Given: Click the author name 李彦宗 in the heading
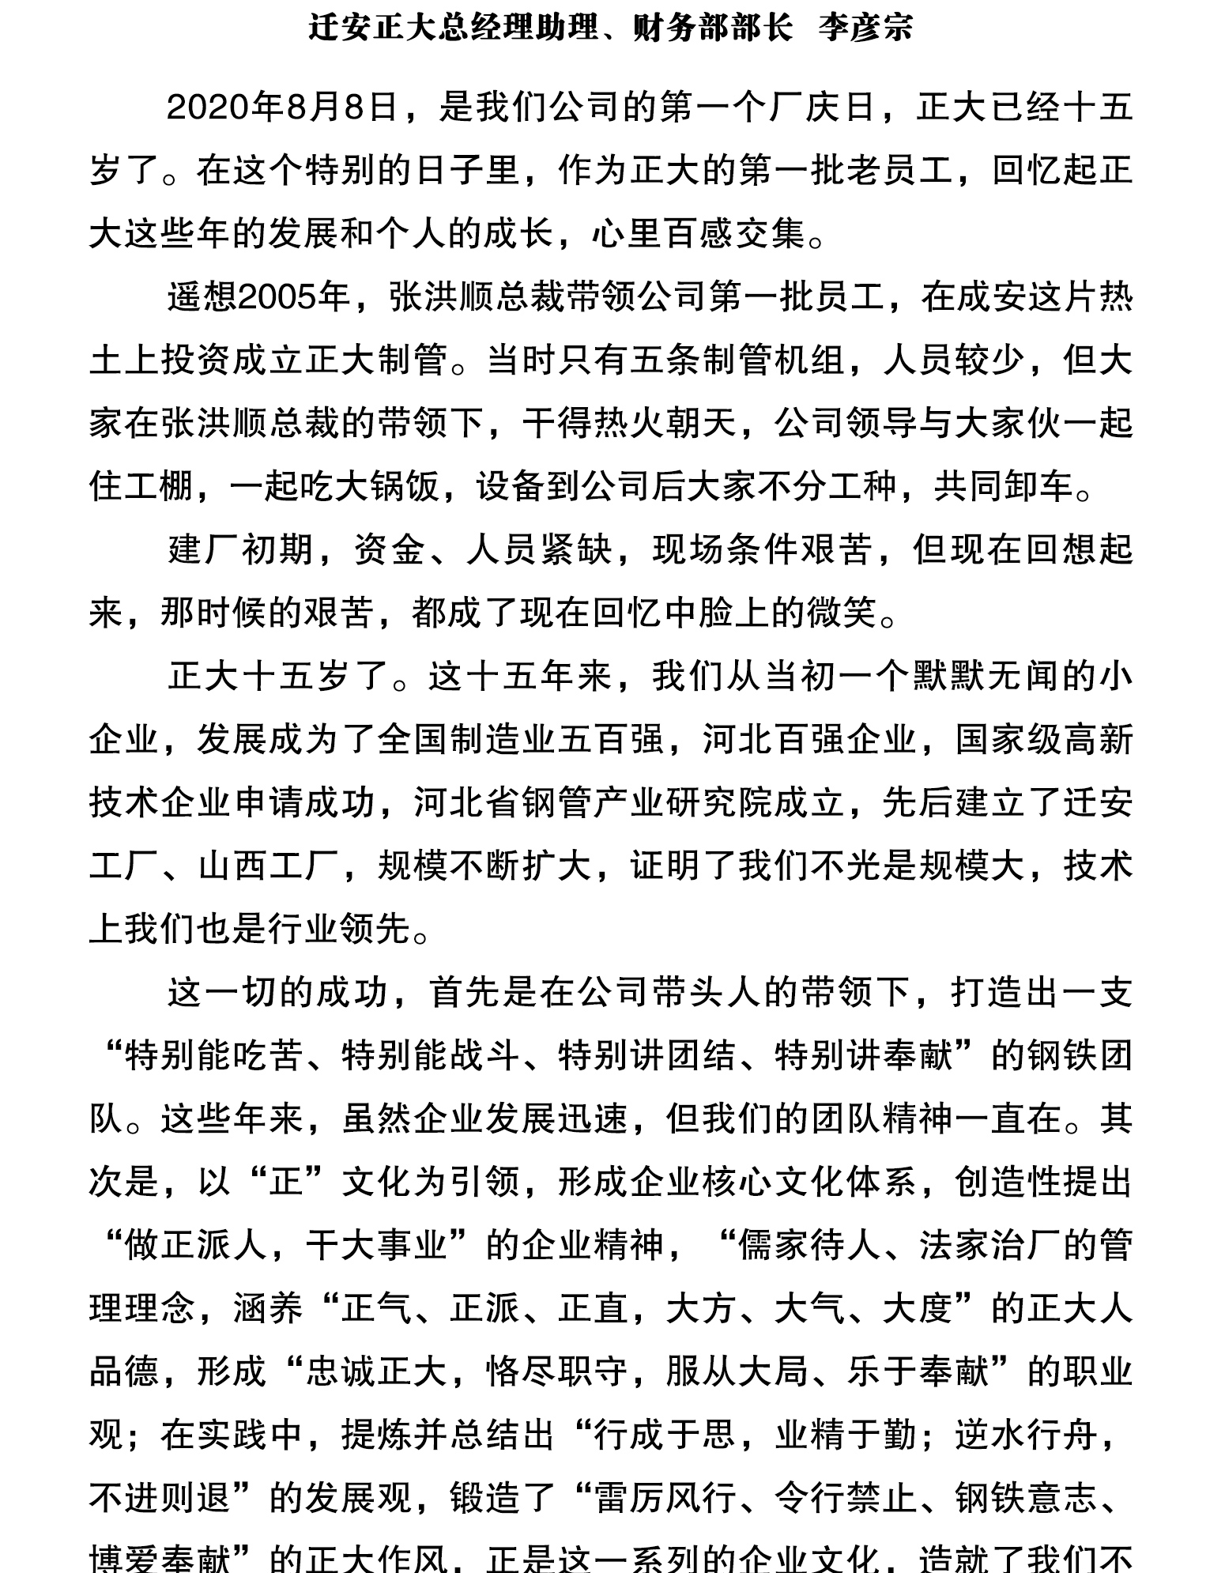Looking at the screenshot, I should (865, 28).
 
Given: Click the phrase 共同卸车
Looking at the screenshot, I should (1004, 487).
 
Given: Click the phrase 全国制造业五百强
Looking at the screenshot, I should (521, 740).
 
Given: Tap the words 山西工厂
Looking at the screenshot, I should (269, 866).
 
